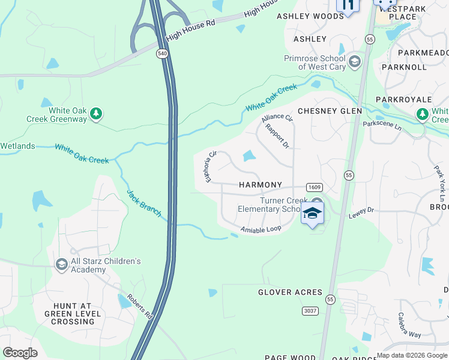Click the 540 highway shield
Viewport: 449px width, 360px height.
click(x=163, y=53)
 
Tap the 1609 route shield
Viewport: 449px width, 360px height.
click(x=314, y=187)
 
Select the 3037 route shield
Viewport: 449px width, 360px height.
click(x=310, y=310)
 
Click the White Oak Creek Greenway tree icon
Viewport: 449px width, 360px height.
click(x=96, y=113)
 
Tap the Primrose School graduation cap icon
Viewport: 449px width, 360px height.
click(x=355, y=61)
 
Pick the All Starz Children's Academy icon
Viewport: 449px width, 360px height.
click(x=61, y=265)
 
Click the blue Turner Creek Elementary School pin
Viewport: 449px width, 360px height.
click(x=312, y=214)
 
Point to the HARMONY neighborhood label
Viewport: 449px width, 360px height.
click(x=260, y=185)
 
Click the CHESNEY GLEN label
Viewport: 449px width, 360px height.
click(x=330, y=111)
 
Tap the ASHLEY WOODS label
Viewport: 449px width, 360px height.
click(x=310, y=17)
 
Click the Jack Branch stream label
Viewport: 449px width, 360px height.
click(x=143, y=203)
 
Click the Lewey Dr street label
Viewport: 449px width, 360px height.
click(x=363, y=210)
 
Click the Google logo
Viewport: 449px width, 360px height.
click(x=20, y=353)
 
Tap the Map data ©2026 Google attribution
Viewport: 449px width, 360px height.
click(x=412, y=355)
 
